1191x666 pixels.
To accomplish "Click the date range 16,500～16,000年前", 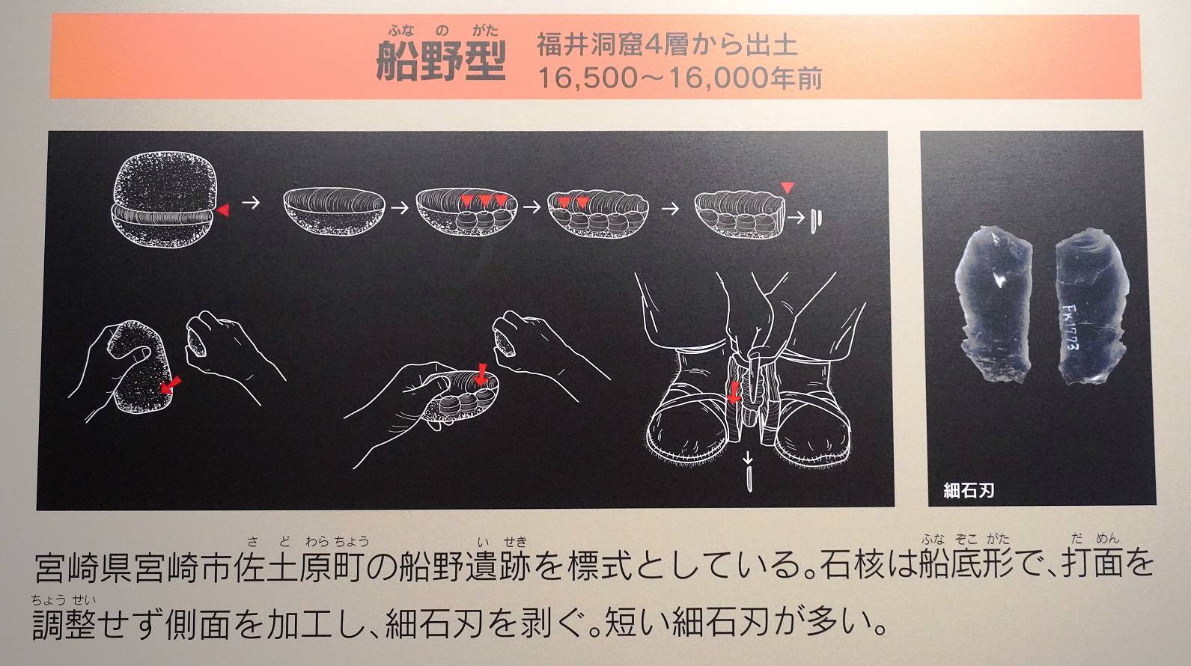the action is pyautogui.click(x=680, y=78).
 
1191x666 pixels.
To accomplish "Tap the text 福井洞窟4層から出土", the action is pyautogui.click(x=667, y=45).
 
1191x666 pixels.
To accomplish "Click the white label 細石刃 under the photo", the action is pyautogui.click(x=968, y=490).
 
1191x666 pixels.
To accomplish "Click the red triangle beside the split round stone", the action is pyautogui.click(x=223, y=210).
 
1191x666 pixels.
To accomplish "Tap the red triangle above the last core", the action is pyautogui.click(x=788, y=188).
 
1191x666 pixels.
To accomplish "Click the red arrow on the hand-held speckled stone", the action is pyautogui.click(x=171, y=385).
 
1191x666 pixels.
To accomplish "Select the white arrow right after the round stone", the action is pyautogui.click(x=251, y=203).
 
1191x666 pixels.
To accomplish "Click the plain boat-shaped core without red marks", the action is pyautogui.click(x=334, y=211).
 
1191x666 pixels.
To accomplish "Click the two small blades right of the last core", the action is pyautogui.click(x=817, y=221).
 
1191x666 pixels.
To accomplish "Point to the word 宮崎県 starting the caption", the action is pyautogui.click(x=85, y=569).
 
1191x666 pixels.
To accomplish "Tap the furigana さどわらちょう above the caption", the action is pyautogui.click(x=308, y=543).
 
